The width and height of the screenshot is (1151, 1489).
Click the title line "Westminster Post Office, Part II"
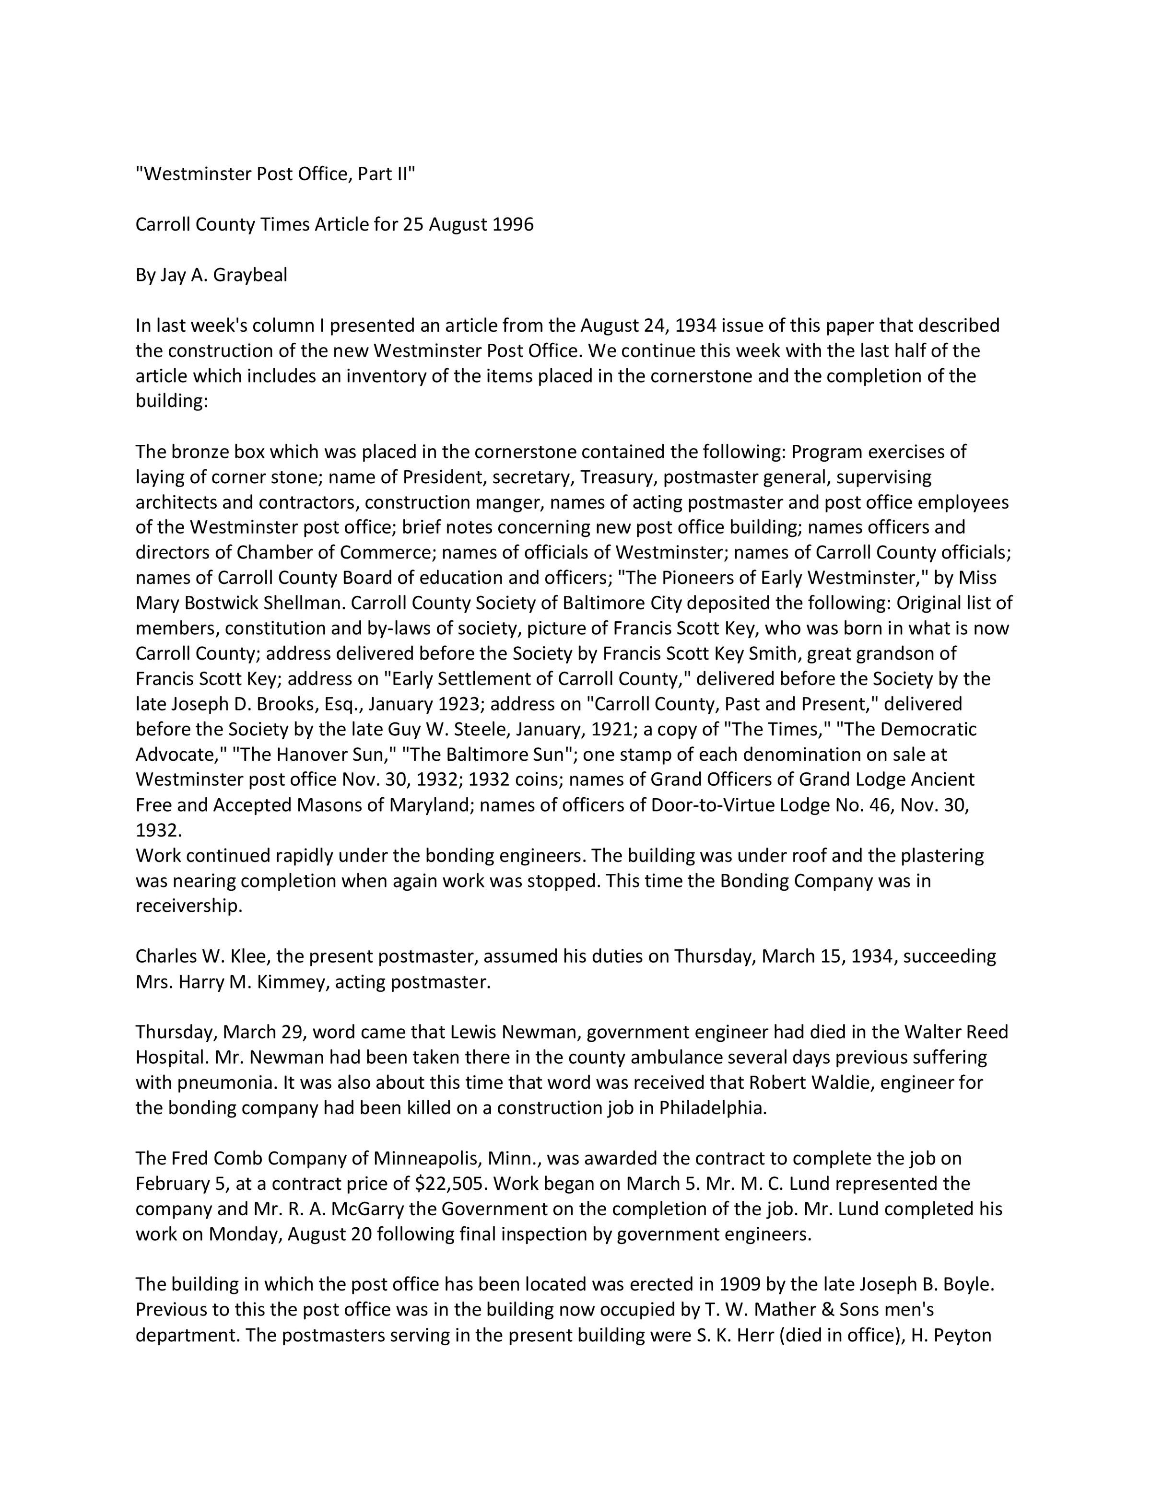tap(275, 174)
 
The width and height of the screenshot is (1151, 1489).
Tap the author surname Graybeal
tap(250, 276)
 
